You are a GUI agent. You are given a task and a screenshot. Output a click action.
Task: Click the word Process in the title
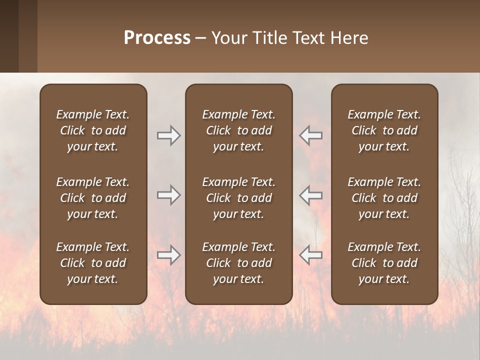pos(157,38)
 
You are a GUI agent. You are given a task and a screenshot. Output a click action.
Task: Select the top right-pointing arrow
pos(168,135)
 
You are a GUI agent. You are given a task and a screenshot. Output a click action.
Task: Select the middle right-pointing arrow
pos(168,195)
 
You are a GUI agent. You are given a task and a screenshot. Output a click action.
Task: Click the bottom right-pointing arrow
pos(168,255)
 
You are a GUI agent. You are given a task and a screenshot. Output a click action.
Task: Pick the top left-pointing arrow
pos(310,135)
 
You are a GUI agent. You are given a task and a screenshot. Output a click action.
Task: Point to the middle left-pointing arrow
pos(310,195)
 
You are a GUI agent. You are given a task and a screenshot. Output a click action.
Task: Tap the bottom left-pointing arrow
pos(310,255)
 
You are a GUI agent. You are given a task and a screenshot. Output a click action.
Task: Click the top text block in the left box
pos(93,130)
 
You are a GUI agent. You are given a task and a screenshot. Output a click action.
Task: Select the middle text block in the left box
pos(93,198)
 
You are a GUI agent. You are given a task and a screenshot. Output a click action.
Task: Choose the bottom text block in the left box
pos(93,263)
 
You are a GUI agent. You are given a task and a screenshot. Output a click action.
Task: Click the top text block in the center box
pos(238,130)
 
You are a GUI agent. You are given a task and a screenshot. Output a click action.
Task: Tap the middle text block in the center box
pos(238,198)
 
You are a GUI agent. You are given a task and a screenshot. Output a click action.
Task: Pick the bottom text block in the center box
pos(238,263)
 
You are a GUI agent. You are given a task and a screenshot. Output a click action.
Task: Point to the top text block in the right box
pos(384,130)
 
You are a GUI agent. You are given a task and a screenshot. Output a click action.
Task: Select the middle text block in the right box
pos(384,198)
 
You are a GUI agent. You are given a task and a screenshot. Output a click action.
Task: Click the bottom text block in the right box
pos(384,263)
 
